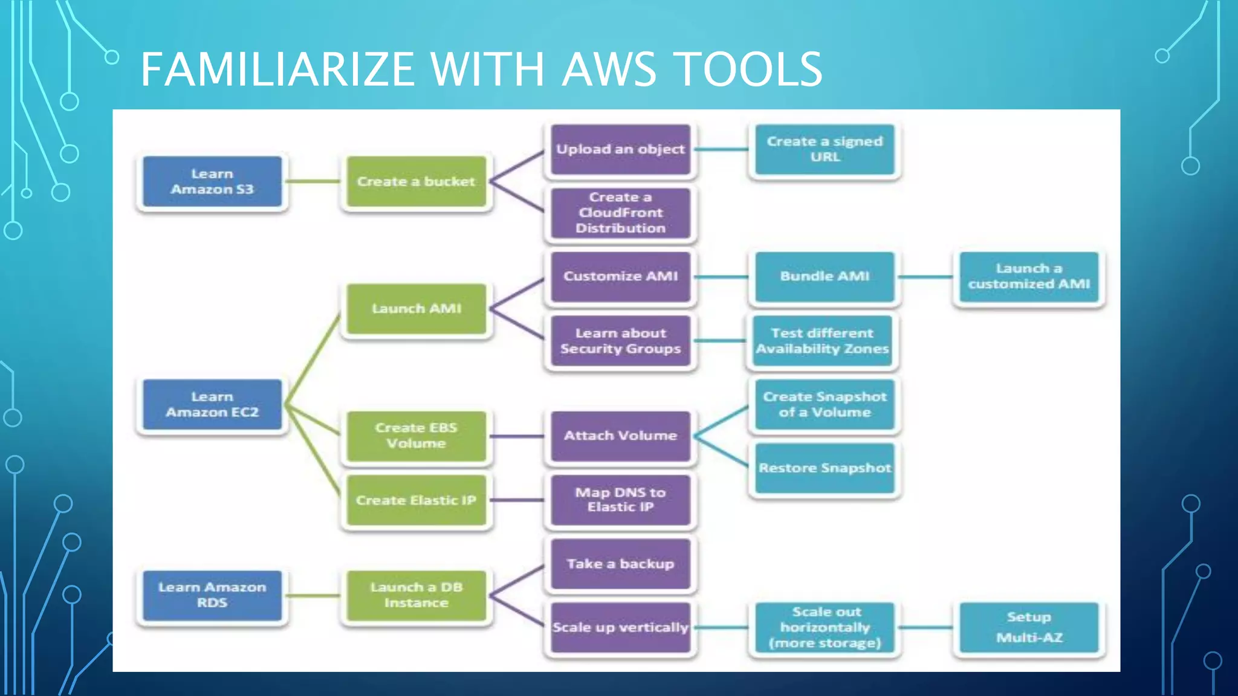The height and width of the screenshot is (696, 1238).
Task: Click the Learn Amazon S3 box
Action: tap(212, 182)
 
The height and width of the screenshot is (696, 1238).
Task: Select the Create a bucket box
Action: tap(416, 182)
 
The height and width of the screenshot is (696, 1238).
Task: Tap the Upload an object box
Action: tap(620, 149)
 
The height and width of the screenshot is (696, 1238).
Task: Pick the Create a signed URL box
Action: tap(825, 149)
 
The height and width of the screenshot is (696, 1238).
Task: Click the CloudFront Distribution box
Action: tap(620, 213)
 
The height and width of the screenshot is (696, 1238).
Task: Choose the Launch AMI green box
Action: tap(416, 309)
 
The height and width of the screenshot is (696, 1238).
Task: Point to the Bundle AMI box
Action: tap(825, 277)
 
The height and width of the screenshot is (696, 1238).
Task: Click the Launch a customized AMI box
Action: tap(1029, 277)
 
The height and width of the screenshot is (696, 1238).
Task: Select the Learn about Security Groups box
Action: tap(620, 341)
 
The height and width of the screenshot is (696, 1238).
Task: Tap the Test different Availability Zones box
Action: tap(822, 341)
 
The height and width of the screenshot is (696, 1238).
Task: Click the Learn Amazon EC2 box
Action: tap(212, 405)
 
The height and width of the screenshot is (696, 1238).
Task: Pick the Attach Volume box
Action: tap(620, 436)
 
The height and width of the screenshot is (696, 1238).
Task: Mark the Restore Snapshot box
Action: tap(825, 468)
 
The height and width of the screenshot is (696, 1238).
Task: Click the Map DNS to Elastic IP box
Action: tap(620, 500)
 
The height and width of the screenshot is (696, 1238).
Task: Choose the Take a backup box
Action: tap(620, 564)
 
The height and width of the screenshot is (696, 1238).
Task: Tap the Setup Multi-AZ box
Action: tap(1029, 627)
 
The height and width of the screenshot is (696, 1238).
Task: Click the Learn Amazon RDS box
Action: tap(212, 595)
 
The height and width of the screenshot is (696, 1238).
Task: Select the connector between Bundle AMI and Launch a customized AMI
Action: tap(925, 277)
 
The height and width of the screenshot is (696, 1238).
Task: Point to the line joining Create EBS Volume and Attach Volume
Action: tap(517, 436)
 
